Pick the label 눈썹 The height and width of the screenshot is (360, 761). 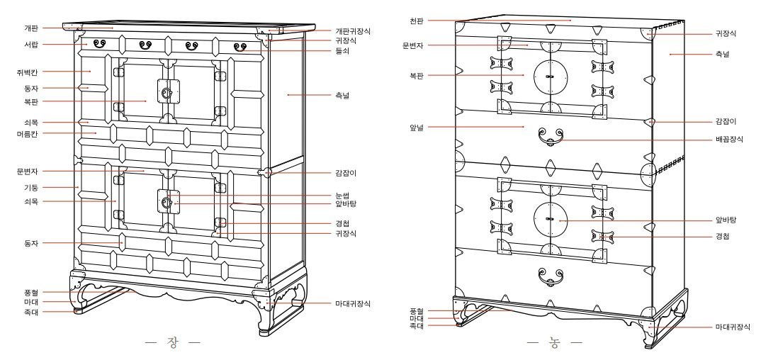342,195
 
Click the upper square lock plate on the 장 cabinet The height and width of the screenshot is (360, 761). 167,92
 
